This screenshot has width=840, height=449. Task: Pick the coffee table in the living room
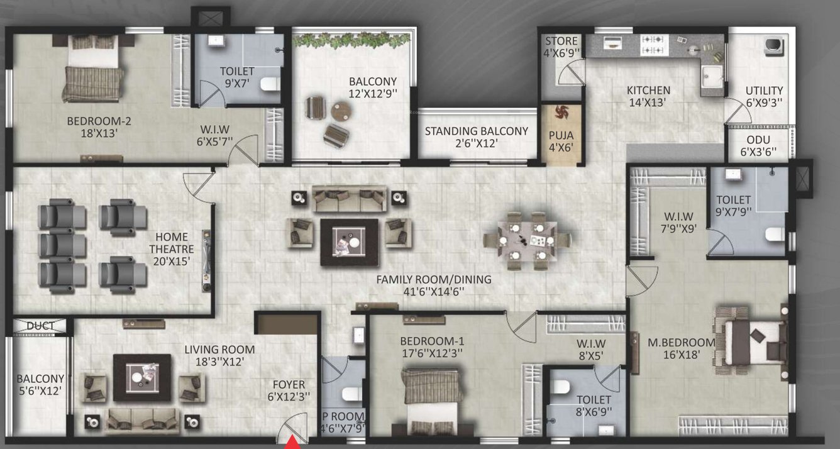(x=141, y=377)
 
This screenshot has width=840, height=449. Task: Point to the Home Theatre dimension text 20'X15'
(x=168, y=260)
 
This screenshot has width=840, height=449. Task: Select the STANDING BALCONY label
(x=476, y=137)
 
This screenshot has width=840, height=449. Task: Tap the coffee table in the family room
(x=350, y=241)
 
